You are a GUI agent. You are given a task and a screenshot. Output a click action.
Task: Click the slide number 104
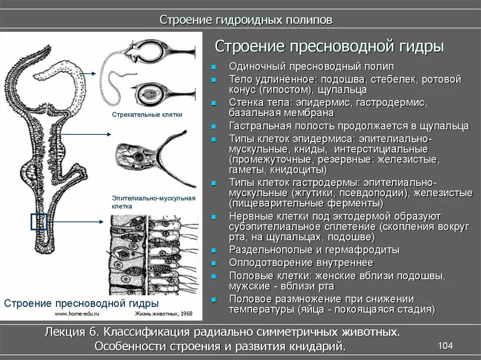click(x=445, y=346)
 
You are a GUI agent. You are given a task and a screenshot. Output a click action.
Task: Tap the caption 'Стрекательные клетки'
click(x=147, y=115)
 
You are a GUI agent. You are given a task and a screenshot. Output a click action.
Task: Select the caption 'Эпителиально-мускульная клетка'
click(x=153, y=202)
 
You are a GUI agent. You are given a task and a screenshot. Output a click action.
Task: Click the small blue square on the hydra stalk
click(x=39, y=222)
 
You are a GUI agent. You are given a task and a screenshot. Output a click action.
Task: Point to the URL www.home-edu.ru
click(x=78, y=313)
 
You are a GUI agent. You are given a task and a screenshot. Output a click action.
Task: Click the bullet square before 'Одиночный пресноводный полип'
click(x=214, y=67)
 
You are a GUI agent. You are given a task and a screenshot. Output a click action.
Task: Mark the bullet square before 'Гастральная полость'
click(x=214, y=127)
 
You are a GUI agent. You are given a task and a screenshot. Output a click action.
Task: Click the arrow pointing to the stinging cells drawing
click(x=87, y=73)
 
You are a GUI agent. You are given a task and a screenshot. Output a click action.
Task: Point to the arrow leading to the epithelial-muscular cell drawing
click(x=86, y=134)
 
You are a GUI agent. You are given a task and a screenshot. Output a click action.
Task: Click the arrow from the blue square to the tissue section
click(x=75, y=221)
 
